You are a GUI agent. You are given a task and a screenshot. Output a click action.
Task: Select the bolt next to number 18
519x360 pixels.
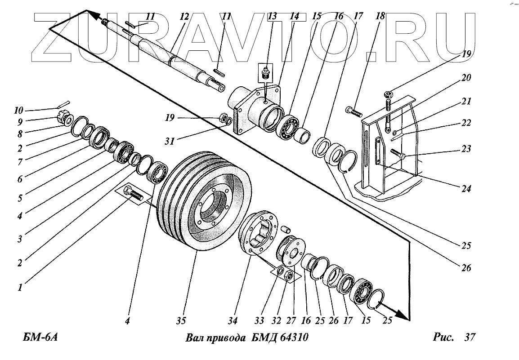tap(354, 111)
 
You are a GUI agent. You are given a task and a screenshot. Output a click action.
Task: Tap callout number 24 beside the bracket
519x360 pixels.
tap(465, 189)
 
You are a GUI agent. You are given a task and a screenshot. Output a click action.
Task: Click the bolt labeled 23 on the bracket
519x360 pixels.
tap(400, 155)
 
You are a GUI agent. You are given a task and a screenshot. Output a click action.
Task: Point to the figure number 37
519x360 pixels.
tap(470, 337)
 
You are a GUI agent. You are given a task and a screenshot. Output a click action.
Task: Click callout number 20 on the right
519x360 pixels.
tap(465, 77)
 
